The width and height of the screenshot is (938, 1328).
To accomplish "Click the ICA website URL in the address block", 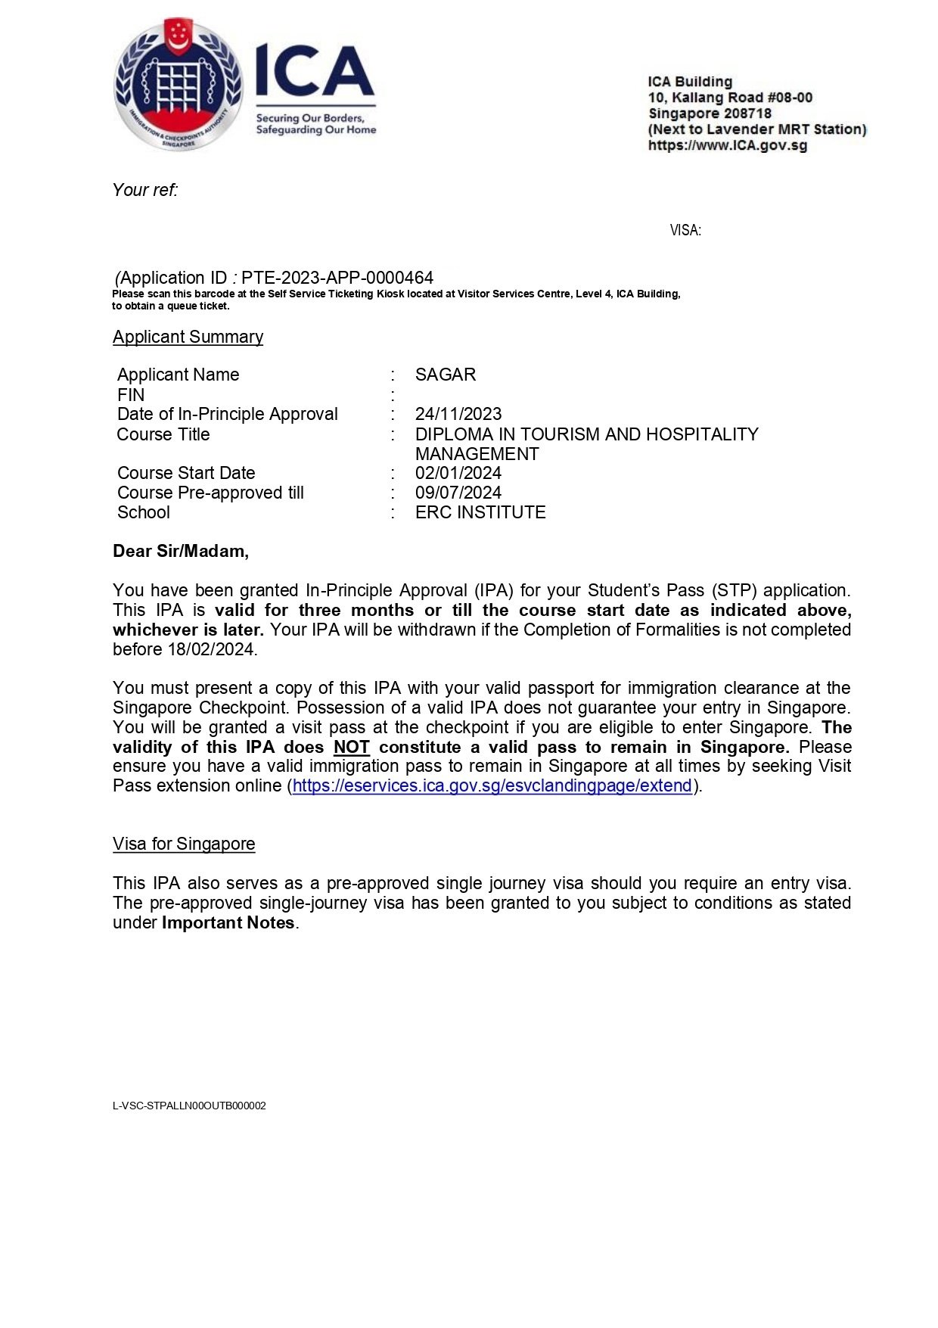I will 727,145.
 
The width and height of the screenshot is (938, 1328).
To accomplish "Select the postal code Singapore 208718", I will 710,114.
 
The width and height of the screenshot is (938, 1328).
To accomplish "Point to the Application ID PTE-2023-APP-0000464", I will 337,278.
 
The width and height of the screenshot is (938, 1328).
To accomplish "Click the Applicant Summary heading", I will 188,337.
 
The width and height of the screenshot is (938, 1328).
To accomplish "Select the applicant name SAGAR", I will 446,375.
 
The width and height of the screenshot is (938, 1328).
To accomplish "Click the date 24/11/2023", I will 458,414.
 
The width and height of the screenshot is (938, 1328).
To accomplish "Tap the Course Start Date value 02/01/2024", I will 458,473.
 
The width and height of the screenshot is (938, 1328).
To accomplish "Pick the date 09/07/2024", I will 458,493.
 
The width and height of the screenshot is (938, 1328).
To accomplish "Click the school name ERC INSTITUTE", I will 480,512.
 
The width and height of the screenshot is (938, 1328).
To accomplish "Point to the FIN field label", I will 131,395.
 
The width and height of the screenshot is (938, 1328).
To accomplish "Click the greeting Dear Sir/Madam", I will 181,551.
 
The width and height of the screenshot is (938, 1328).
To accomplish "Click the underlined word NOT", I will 351,747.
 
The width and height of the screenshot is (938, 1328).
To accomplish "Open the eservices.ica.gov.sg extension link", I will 492,785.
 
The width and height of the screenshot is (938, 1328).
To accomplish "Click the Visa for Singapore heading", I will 184,844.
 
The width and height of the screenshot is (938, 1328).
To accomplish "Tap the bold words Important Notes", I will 228,922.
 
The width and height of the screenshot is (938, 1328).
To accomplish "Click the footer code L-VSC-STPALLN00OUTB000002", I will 189,1106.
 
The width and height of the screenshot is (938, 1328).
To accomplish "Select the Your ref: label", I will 145,190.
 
